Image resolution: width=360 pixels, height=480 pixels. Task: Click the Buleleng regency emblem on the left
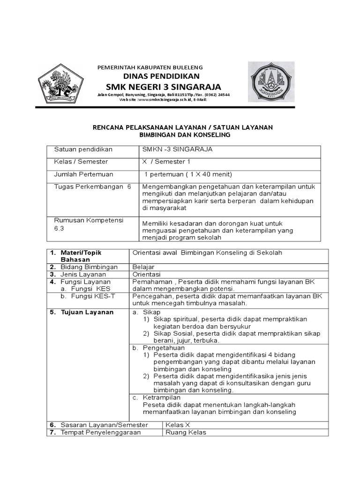[60, 83]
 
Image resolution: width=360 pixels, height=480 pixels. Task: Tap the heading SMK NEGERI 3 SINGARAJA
[163, 87]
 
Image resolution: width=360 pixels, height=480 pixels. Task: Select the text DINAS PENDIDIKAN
[161, 76]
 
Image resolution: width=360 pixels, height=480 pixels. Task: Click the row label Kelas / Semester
[81, 162]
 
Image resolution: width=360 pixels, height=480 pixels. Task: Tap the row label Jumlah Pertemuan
[84, 174]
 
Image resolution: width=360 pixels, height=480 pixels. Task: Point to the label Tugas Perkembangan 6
[92, 187]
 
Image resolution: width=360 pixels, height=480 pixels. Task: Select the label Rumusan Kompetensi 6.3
[89, 225]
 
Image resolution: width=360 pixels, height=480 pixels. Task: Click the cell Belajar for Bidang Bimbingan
[143, 267]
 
